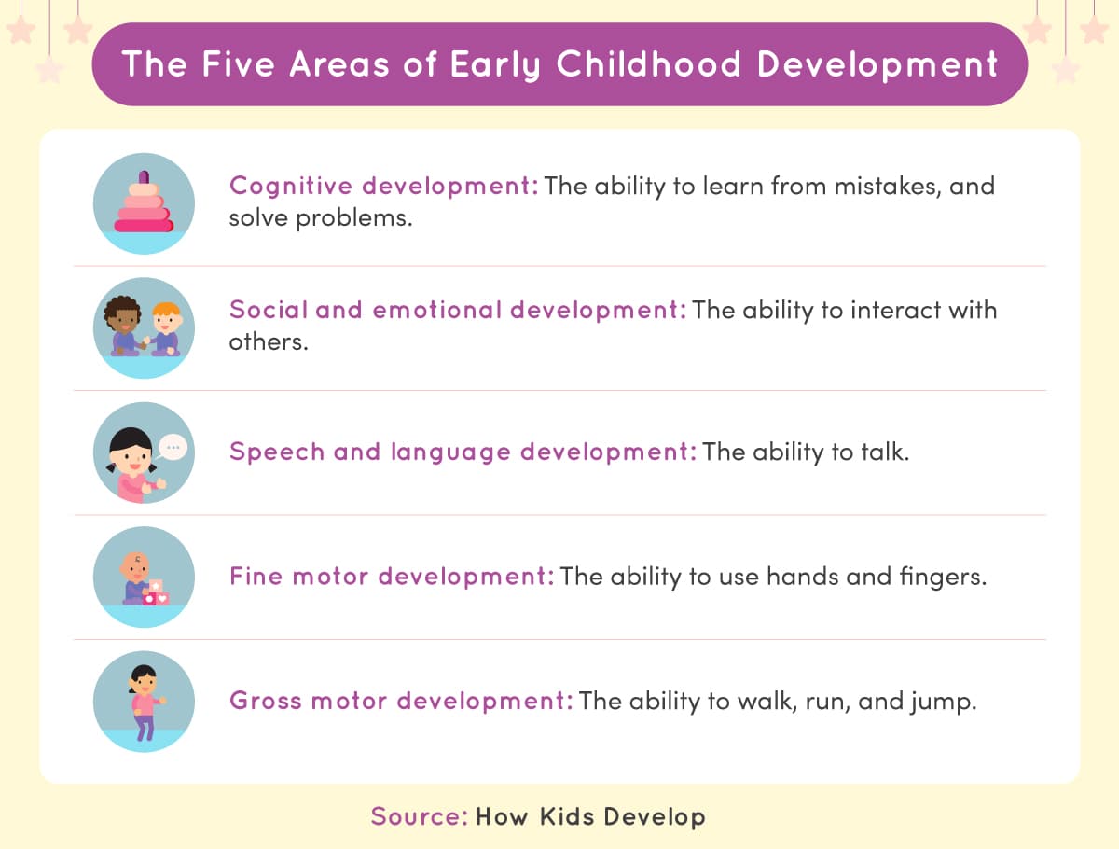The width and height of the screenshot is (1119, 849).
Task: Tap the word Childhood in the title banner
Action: (650, 64)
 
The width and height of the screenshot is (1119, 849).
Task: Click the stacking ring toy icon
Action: (144, 203)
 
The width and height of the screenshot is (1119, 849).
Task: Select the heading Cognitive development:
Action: (383, 186)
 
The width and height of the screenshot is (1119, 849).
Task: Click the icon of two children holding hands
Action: (144, 327)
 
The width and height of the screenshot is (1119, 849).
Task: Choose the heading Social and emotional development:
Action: (457, 310)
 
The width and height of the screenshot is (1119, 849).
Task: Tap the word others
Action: (267, 341)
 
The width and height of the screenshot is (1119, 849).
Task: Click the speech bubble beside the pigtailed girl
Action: (173, 448)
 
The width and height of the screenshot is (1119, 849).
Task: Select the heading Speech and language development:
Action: (463, 452)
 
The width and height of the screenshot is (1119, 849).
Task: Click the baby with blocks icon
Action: (144, 577)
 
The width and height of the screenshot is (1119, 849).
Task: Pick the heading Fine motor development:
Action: (392, 577)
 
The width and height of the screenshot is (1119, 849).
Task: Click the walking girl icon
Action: (144, 701)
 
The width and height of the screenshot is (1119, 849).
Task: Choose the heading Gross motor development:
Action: (401, 701)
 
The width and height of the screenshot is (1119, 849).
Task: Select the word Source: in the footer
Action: (419, 816)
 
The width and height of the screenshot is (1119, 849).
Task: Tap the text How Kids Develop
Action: (590, 816)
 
